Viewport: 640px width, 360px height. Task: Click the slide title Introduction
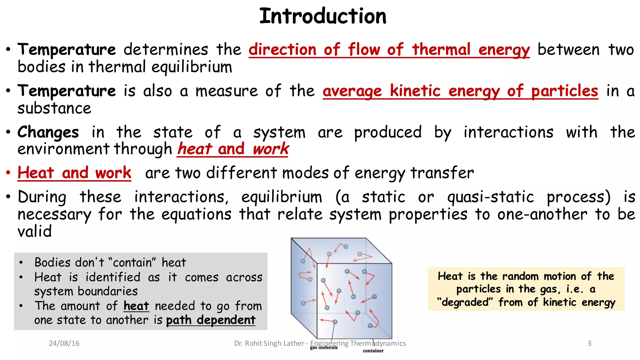tap(323, 16)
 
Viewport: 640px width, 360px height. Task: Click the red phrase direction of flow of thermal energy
tap(389, 50)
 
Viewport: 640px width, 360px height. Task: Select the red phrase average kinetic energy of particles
tap(460, 91)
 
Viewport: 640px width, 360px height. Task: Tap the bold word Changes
tap(48, 132)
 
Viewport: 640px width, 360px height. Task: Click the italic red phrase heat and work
tap(233, 149)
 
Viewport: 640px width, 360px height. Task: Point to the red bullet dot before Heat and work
tap(8, 172)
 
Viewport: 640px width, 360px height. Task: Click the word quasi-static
tap(490, 197)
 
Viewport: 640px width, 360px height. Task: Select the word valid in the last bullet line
tap(34, 232)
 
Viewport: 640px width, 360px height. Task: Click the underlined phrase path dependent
tap(211, 320)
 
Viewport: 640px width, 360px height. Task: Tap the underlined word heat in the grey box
tap(136, 306)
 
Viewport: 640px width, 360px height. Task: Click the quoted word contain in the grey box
tap(132, 262)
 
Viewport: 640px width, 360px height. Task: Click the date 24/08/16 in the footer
tap(64, 343)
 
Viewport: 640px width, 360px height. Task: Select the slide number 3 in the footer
tap(589, 343)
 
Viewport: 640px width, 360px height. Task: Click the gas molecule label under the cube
tap(324, 348)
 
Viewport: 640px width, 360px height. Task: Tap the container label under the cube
tap(373, 351)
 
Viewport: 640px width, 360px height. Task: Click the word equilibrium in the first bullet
tap(192, 67)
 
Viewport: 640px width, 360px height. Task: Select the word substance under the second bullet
tap(54, 108)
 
